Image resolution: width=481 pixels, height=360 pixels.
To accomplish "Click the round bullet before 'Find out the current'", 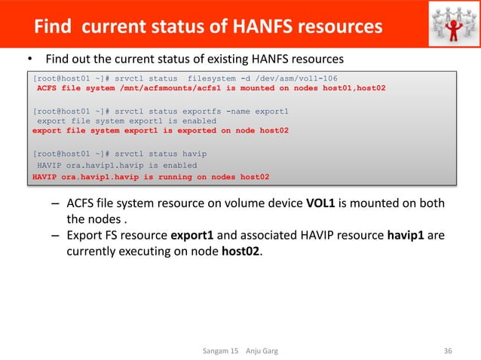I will pos(30,59).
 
